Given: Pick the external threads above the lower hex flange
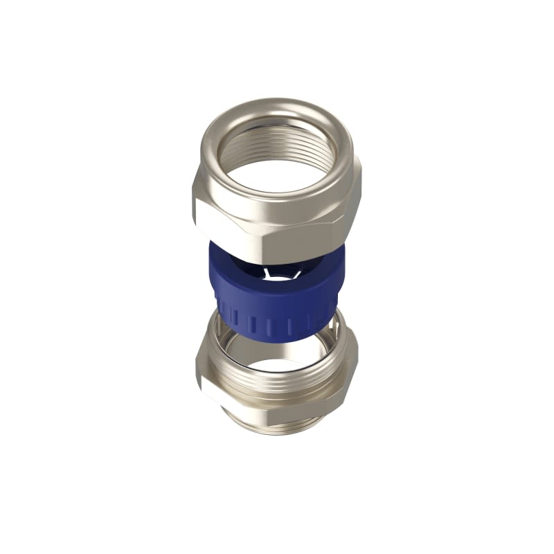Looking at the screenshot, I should pos(277,385).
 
